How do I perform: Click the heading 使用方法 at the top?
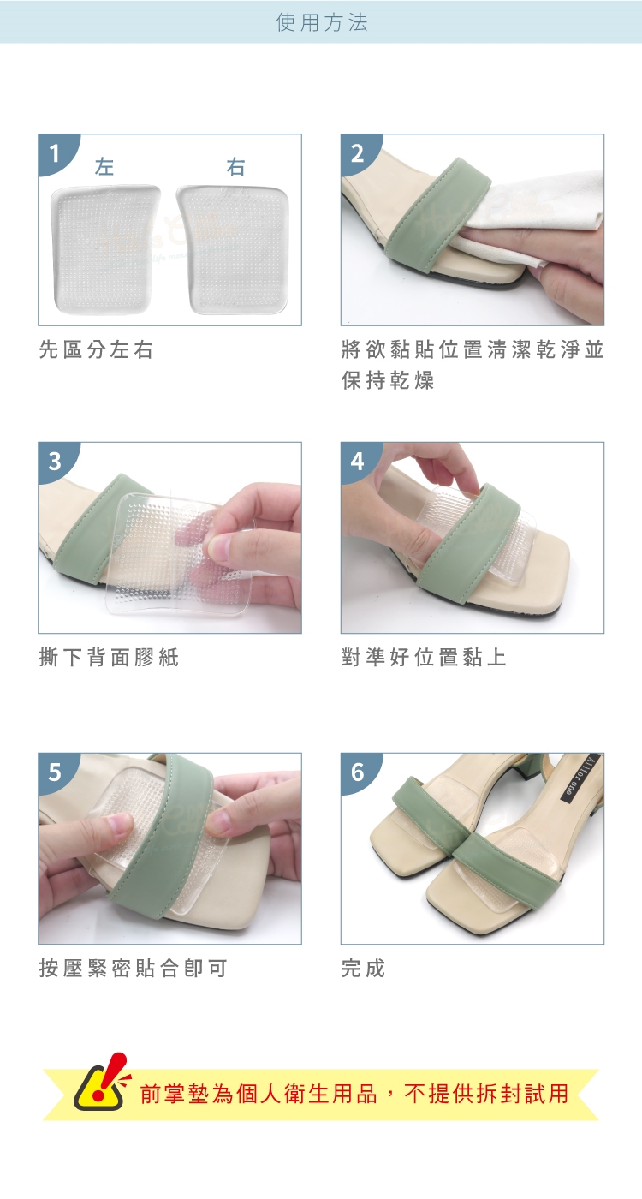point(322,22)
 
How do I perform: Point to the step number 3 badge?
point(55,461)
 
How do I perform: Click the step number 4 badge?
point(358,461)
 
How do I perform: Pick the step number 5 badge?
point(55,772)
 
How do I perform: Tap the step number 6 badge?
point(358,772)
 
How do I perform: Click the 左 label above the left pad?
point(104,166)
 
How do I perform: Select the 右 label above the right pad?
point(235,166)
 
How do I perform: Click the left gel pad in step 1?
point(104,249)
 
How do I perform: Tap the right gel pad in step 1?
point(233,249)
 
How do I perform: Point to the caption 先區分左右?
point(96,349)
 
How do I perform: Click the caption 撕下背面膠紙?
point(109,658)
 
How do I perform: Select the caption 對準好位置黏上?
point(424,658)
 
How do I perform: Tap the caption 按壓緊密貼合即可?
point(134,968)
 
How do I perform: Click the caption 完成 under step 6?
point(363,968)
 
